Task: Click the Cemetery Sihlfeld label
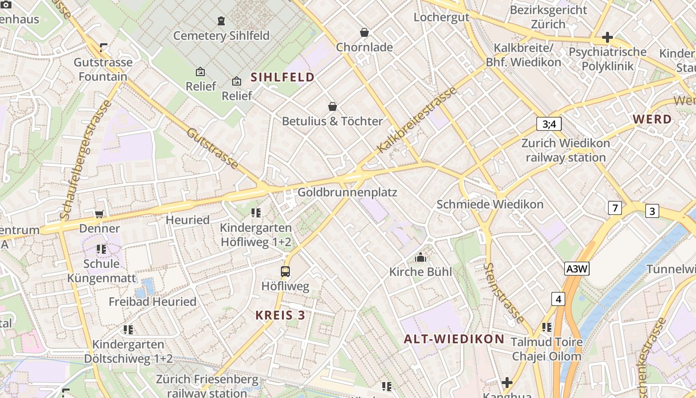pyautogui.click(x=221, y=36)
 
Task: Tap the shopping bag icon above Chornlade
pyautogui.click(x=364, y=32)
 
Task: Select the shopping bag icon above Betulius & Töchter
pyautogui.click(x=332, y=106)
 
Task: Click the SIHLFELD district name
pyautogui.click(x=283, y=77)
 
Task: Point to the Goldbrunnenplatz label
pyautogui.click(x=347, y=192)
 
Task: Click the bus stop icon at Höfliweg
pyautogui.click(x=285, y=271)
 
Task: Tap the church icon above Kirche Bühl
pyautogui.click(x=421, y=257)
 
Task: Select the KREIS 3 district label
pyautogui.click(x=280, y=315)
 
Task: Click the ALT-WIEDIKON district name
pyautogui.click(x=454, y=339)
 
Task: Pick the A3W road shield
pyautogui.click(x=577, y=269)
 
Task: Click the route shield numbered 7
pyautogui.click(x=615, y=207)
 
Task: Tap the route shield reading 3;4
pyautogui.click(x=549, y=124)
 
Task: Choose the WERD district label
pyautogui.click(x=652, y=119)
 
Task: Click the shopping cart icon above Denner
pyautogui.click(x=99, y=214)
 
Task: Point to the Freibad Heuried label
pyautogui.click(x=153, y=301)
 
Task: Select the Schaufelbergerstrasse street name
pyautogui.click(x=86, y=159)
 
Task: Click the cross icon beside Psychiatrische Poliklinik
pyautogui.click(x=607, y=37)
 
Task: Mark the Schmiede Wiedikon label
pyautogui.click(x=490, y=204)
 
